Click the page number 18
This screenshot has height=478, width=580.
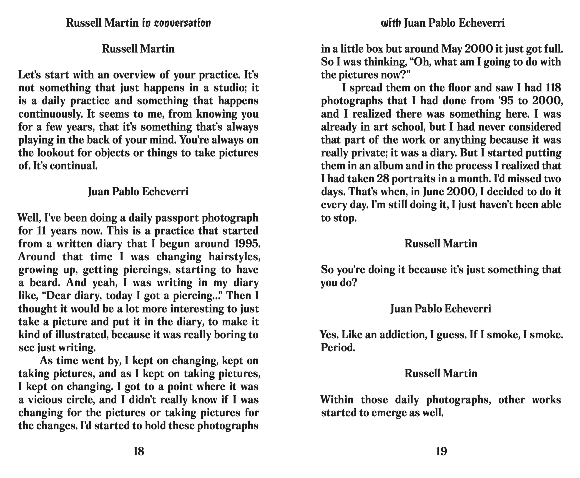pos(138,451)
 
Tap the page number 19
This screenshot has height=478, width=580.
pos(441,451)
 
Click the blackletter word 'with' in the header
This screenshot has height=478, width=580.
pos(391,23)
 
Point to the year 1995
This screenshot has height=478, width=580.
pos(247,244)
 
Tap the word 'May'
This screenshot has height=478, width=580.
pos(452,49)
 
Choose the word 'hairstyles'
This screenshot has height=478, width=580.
pos(235,257)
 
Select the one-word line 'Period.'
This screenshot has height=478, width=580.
pos(338,348)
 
